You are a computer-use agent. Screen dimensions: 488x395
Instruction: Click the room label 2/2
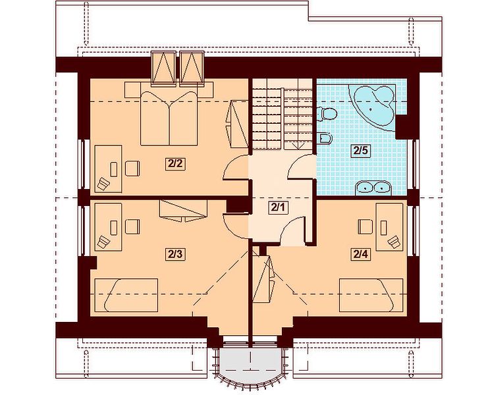coord(175,163)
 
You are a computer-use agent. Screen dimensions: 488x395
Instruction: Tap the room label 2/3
coord(175,255)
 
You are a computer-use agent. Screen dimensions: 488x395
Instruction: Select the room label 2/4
coord(361,255)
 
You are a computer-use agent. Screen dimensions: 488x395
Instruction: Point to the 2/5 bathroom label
coord(361,151)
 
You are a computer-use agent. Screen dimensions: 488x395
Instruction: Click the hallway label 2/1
coord(278,207)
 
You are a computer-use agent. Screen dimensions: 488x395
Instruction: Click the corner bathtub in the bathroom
coord(372,106)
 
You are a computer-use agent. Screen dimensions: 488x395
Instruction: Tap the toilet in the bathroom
coord(327,113)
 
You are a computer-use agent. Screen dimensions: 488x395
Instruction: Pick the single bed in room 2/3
coord(126,295)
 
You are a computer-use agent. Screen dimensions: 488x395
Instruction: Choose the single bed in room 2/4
coord(371,295)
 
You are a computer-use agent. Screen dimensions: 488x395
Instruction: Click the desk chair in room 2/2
coord(132,169)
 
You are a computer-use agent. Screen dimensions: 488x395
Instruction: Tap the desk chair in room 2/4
coord(366,226)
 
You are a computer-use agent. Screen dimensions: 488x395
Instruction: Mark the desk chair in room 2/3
coord(132,226)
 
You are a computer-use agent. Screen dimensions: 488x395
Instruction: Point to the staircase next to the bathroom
coord(283,115)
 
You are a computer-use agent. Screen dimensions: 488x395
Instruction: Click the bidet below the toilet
coord(326,138)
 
